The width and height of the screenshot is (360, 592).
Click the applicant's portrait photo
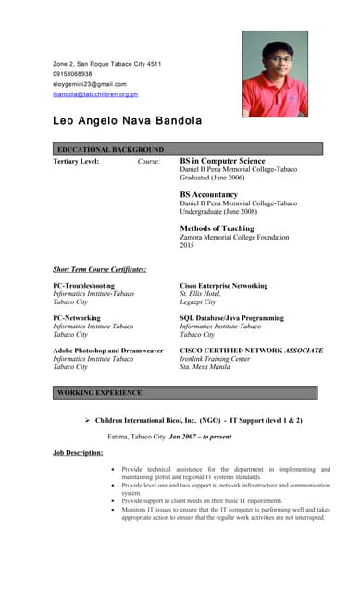point(275,74)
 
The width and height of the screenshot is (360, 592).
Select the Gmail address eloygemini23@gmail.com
point(90,83)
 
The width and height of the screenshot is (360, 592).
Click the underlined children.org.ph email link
point(95,93)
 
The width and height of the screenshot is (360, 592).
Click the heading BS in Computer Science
point(222,161)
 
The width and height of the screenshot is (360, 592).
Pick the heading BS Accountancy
point(208,194)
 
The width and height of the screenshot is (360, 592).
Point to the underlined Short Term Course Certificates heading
point(100,269)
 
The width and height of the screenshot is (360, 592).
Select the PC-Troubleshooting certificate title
point(84,286)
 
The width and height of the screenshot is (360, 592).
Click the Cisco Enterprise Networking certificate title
point(223,286)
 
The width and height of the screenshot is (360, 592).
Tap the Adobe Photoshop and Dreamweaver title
point(107,351)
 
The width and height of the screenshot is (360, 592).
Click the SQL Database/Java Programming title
point(231,318)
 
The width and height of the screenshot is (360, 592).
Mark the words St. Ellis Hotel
point(200,294)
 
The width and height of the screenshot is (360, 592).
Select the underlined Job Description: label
point(78,452)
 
